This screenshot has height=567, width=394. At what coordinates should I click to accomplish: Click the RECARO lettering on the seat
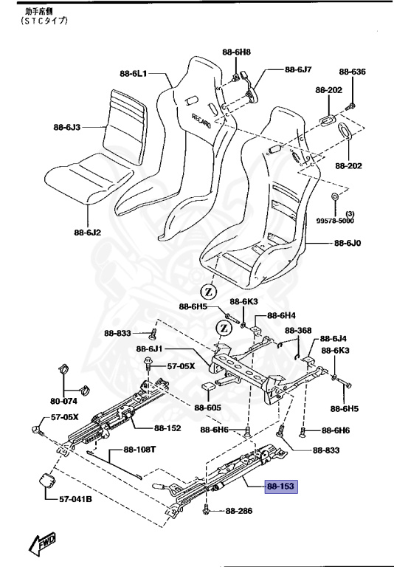[201, 120]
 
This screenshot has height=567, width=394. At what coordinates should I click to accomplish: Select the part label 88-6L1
[134, 73]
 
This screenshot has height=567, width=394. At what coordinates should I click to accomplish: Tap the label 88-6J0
[348, 243]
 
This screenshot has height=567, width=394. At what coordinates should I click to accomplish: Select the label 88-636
[352, 72]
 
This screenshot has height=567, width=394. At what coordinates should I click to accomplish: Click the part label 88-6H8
[236, 52]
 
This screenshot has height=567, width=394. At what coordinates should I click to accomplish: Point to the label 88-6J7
[298, 70]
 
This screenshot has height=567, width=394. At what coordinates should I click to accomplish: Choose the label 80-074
[64, 402]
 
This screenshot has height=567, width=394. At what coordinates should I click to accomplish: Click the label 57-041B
[75, 499]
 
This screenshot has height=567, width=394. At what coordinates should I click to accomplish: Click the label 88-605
[208, 407]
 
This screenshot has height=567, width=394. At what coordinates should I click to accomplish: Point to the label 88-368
[299, 330]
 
